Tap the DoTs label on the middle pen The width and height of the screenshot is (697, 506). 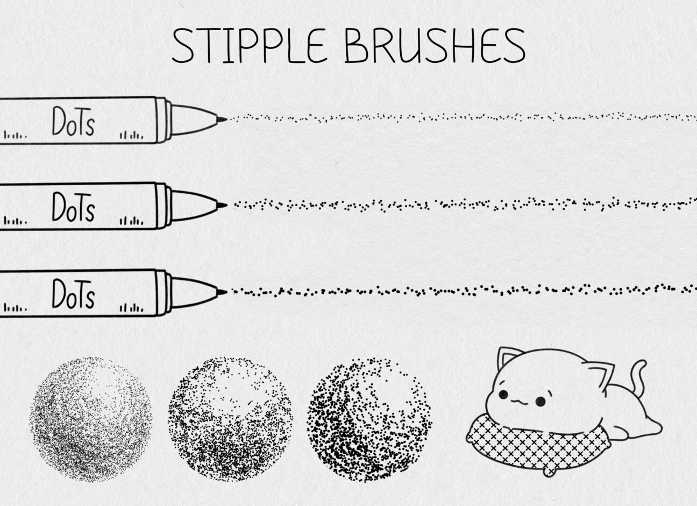coord(73,207)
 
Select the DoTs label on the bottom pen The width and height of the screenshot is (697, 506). coord(73,294)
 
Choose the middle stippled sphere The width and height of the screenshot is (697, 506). coord(230,418)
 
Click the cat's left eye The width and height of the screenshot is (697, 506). coord(503,395)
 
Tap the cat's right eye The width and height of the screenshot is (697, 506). coord(541,401)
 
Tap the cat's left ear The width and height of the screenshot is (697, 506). coord(508,357)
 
